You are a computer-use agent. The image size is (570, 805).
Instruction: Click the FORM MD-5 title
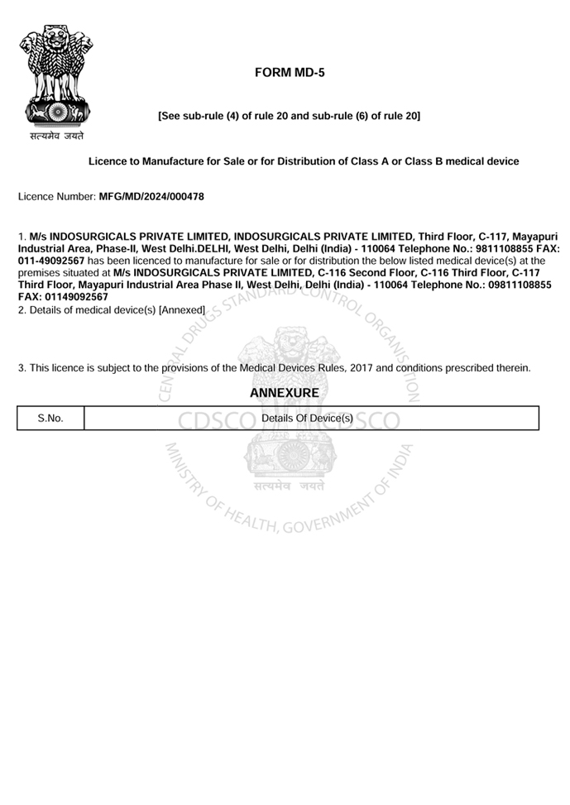(290, 73)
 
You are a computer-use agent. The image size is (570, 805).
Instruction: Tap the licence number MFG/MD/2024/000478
(151, 197)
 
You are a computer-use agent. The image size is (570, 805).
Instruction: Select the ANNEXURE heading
(284, 394)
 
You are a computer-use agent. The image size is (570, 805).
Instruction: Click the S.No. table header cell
(50, 419)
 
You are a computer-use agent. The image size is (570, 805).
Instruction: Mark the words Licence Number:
(56, 197)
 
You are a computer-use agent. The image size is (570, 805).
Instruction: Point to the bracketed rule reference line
(289, 116)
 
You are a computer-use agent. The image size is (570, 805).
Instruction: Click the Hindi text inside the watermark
(290, 486)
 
